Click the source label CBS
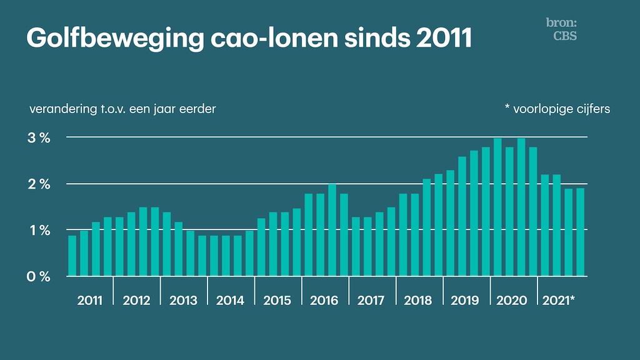click(565, 36)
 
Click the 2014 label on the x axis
click(230, 301)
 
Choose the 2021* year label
click(558, 301)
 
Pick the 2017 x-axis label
click(371, 301)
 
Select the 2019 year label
click(464, 301)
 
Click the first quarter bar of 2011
click(72, 256)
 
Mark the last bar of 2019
click(486, 212)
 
